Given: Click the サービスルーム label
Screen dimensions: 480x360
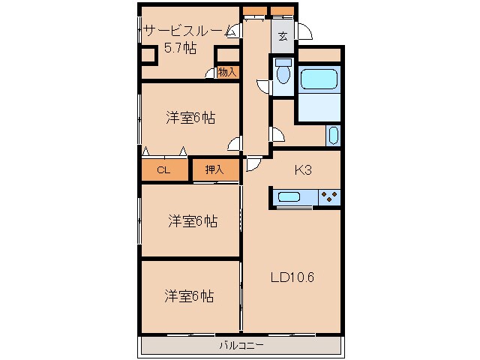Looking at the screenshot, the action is pos(187,31).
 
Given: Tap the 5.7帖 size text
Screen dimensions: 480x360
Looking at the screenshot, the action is pos(180,48).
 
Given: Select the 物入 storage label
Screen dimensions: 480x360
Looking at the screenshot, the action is pos(227,73).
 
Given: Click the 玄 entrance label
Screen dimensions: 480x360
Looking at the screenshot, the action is pos(283,37).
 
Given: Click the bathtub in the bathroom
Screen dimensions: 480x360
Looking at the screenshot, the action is pos(319,79).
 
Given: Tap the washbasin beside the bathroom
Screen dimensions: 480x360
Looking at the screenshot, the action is pos(333,136).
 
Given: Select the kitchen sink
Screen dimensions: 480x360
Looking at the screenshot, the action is pos(288,196).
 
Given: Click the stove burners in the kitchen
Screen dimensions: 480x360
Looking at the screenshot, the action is pos(329,196).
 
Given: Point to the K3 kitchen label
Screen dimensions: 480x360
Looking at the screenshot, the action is pos(303,170).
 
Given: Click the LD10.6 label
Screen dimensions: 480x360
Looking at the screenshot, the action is pos(292,277).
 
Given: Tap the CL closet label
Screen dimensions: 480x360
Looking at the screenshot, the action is pos(163,170).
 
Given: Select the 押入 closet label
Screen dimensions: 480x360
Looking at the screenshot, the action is pos(214,169).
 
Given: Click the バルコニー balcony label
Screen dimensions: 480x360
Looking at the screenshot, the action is pos(241,346).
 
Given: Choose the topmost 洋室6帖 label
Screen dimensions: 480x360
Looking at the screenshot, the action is pos(190,118).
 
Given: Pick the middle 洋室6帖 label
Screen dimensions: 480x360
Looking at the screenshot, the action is pos(193,221).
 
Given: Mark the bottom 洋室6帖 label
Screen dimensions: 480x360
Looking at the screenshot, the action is pos(189,296).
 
